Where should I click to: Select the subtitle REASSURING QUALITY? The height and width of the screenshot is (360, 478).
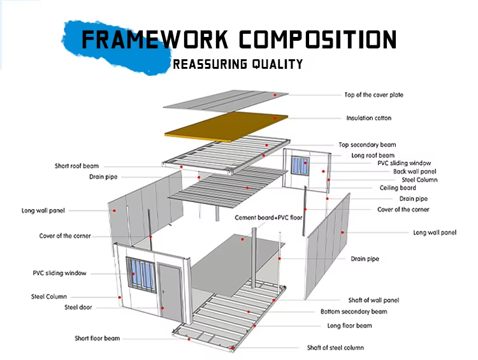tap(238, 64)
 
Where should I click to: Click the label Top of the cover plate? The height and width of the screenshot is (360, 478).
tap(373, 95)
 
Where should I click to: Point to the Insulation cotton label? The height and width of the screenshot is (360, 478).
tap(369, 118)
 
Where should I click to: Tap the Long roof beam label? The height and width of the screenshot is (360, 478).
tap(373, 155)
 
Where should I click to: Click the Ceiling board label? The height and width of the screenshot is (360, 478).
tap(398, 188)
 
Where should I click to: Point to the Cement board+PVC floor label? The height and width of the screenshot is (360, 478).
tap(268, 218)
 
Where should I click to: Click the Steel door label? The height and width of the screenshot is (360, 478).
tap(78, 307)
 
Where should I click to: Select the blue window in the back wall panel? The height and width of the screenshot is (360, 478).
tap(300, 165)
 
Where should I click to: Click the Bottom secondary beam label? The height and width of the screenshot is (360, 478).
tap(354, 312)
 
